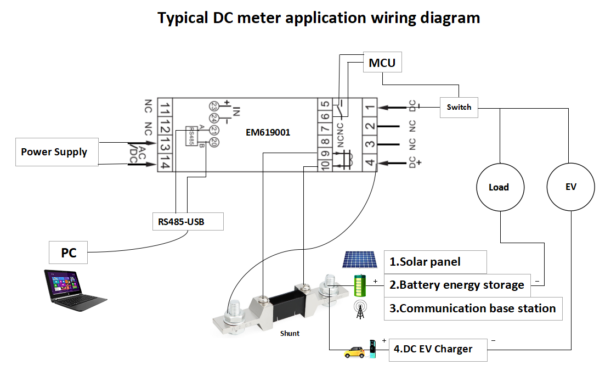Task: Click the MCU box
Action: pos(382,63)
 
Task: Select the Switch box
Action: pos(459,107)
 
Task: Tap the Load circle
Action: pos(499,187)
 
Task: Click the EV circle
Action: pos(571,187)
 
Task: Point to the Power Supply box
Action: pos(57,152)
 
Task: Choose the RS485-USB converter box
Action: pos(188,221)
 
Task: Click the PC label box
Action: pos(69,253)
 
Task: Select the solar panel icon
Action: pos(359,260)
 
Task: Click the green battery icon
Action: pos(360,284)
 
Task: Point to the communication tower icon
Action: pos(360,310)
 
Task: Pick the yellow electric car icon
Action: pos(354,351)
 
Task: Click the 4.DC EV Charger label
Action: pos(438,349)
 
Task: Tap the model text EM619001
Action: pos(268,132)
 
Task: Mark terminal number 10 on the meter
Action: pos(325,164)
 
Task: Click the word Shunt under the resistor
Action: pos(290,333)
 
